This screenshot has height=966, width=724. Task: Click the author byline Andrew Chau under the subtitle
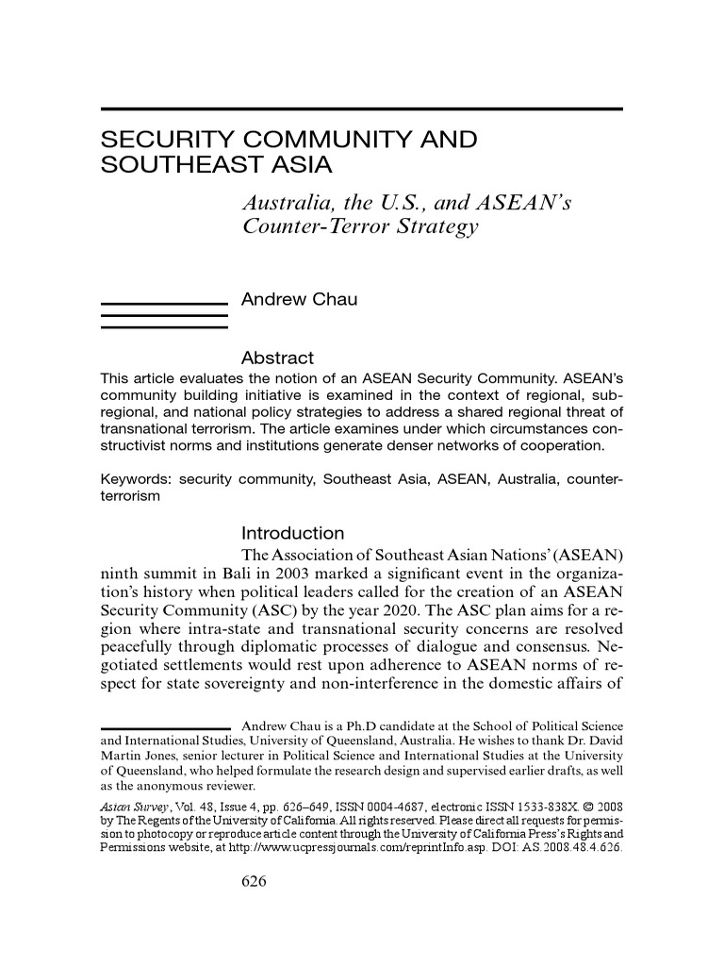coord(300,300)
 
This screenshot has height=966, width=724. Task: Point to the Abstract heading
coord(277,358)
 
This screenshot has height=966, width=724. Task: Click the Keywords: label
coord(136,479)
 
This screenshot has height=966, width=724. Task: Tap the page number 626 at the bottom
coord(255,881)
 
